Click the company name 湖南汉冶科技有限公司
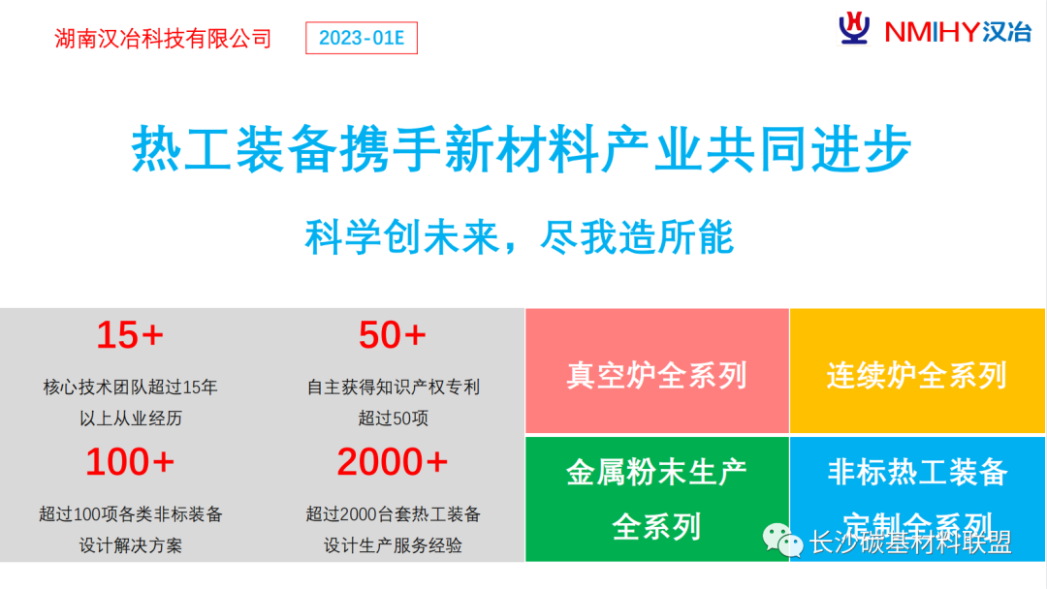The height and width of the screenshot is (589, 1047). coord(163,39)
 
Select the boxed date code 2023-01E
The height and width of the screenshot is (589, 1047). coord(362,39)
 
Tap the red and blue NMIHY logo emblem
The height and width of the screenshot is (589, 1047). coord(854,29)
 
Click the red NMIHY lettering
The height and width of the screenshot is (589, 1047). coord(931,32)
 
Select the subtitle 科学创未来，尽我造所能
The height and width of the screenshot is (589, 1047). coord(520,236)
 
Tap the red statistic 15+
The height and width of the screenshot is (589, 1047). coord(130,335)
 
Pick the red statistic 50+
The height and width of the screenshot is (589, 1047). coord(393,335)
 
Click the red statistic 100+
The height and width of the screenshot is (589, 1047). coord(130,462)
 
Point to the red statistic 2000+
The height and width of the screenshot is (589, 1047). coord(393,462)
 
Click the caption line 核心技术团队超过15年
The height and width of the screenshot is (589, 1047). coord(131,387)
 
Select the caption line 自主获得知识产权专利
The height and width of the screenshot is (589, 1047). coord(394,387)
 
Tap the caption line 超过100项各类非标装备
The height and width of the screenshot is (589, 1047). coord(131,513)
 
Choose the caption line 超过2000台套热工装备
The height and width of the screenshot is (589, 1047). coord(394,513)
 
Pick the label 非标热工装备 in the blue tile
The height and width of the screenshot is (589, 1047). coord(917,473)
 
